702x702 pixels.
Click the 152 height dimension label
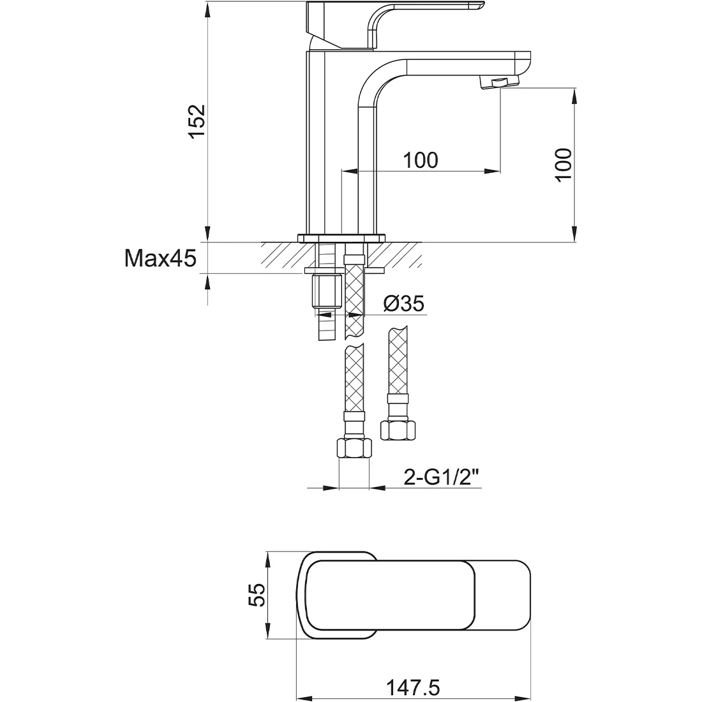197,121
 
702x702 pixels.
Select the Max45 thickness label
160,258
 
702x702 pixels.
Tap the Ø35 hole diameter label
404,304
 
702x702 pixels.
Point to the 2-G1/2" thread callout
442,478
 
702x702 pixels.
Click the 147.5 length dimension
413,687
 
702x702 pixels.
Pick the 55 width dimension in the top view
257,595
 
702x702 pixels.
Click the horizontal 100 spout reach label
421,160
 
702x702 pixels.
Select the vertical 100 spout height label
564,165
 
